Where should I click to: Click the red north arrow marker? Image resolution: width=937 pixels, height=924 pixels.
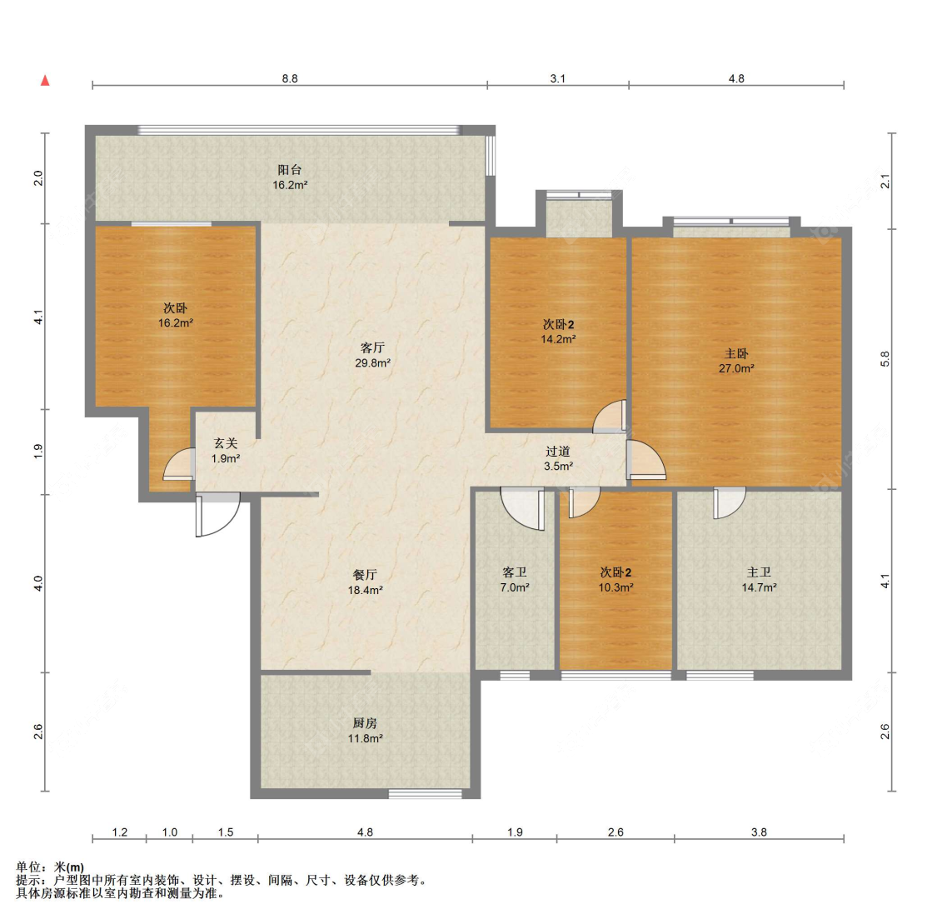45,80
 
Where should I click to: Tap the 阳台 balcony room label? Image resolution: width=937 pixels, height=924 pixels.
290,170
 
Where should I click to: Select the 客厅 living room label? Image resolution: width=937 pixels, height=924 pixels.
373,347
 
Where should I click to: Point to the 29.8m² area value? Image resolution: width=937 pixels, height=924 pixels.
373,362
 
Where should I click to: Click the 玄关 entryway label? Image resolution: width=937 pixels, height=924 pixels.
226,443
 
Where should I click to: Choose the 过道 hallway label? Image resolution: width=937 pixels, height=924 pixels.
558,452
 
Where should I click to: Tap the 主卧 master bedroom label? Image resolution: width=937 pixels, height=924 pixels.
736,353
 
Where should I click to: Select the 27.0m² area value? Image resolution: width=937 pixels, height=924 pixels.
736,369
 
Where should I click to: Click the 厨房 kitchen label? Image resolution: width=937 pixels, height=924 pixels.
365,723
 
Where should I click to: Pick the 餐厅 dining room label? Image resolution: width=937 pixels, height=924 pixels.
365,575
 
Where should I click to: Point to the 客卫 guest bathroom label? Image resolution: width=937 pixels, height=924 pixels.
515,572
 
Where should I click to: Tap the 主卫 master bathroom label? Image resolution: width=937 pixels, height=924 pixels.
759,572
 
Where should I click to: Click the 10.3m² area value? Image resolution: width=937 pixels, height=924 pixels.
616,587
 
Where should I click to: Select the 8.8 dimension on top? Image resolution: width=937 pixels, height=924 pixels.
290,78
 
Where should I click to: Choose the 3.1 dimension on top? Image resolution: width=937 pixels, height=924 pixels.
557,78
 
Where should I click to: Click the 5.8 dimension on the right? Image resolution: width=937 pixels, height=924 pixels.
885,358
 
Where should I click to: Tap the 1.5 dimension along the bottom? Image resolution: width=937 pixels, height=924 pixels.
225,832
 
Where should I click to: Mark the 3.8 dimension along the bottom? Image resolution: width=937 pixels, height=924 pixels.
759,832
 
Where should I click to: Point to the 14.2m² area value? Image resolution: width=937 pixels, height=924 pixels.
558,339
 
